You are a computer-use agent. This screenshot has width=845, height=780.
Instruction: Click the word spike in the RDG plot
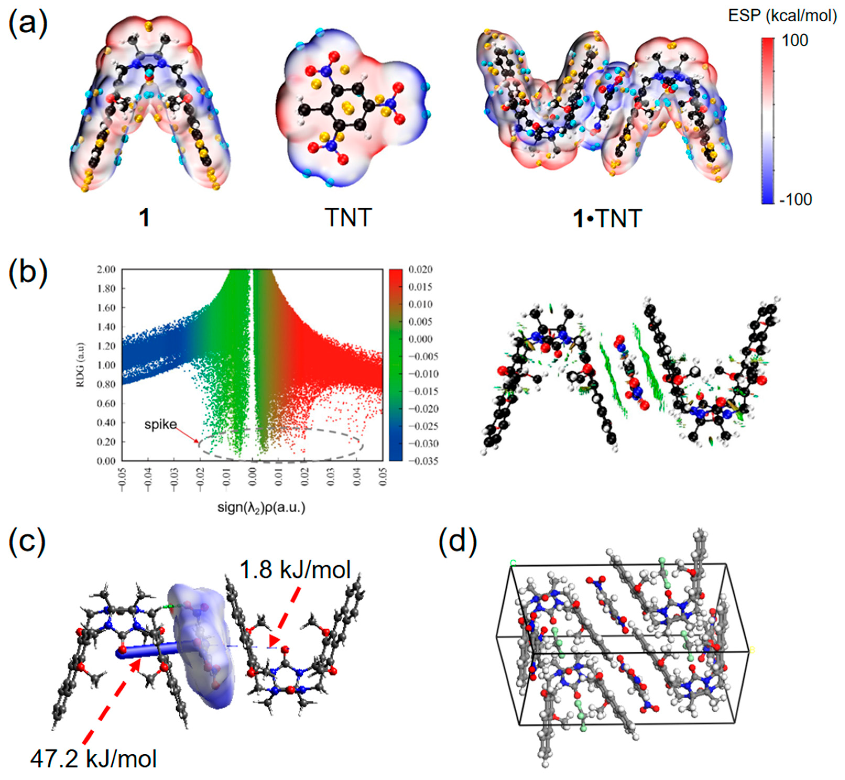coord(160,424)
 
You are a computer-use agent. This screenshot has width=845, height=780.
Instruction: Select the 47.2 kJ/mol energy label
coord(93,759)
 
